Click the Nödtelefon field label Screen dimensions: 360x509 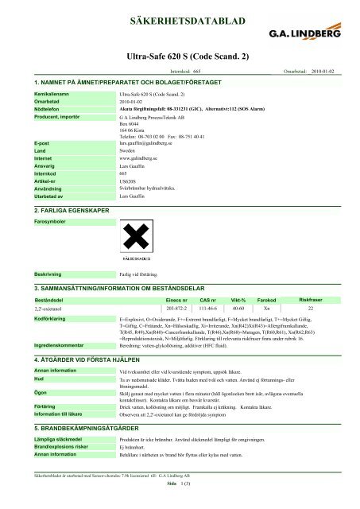pos(48,108)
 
